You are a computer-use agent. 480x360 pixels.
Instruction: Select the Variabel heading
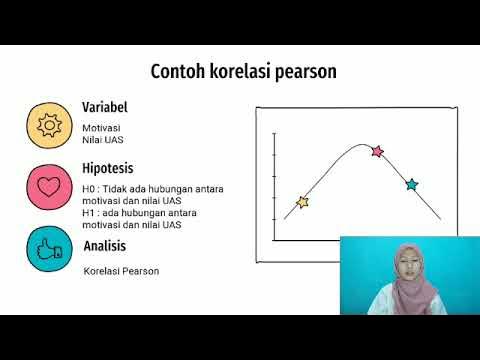click(104, 108)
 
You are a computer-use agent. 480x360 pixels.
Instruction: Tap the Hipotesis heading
click(108, 168)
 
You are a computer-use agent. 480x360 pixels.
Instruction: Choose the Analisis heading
click(105, 246)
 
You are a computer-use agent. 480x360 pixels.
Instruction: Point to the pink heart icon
click(47, 186)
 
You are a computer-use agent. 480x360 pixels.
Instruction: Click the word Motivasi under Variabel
click(101, 128)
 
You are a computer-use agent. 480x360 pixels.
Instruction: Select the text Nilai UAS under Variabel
click(102, 140)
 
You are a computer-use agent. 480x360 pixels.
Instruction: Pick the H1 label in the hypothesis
click(89, 212)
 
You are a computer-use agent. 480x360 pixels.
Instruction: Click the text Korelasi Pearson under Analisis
click(121, 271)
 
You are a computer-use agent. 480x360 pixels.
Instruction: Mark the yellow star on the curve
click(302, 202)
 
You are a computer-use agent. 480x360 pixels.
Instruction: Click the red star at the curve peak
click(377, 152)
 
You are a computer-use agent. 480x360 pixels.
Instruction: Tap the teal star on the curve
click(411, 184)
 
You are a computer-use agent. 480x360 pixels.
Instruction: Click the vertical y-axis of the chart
click(274, 185)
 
